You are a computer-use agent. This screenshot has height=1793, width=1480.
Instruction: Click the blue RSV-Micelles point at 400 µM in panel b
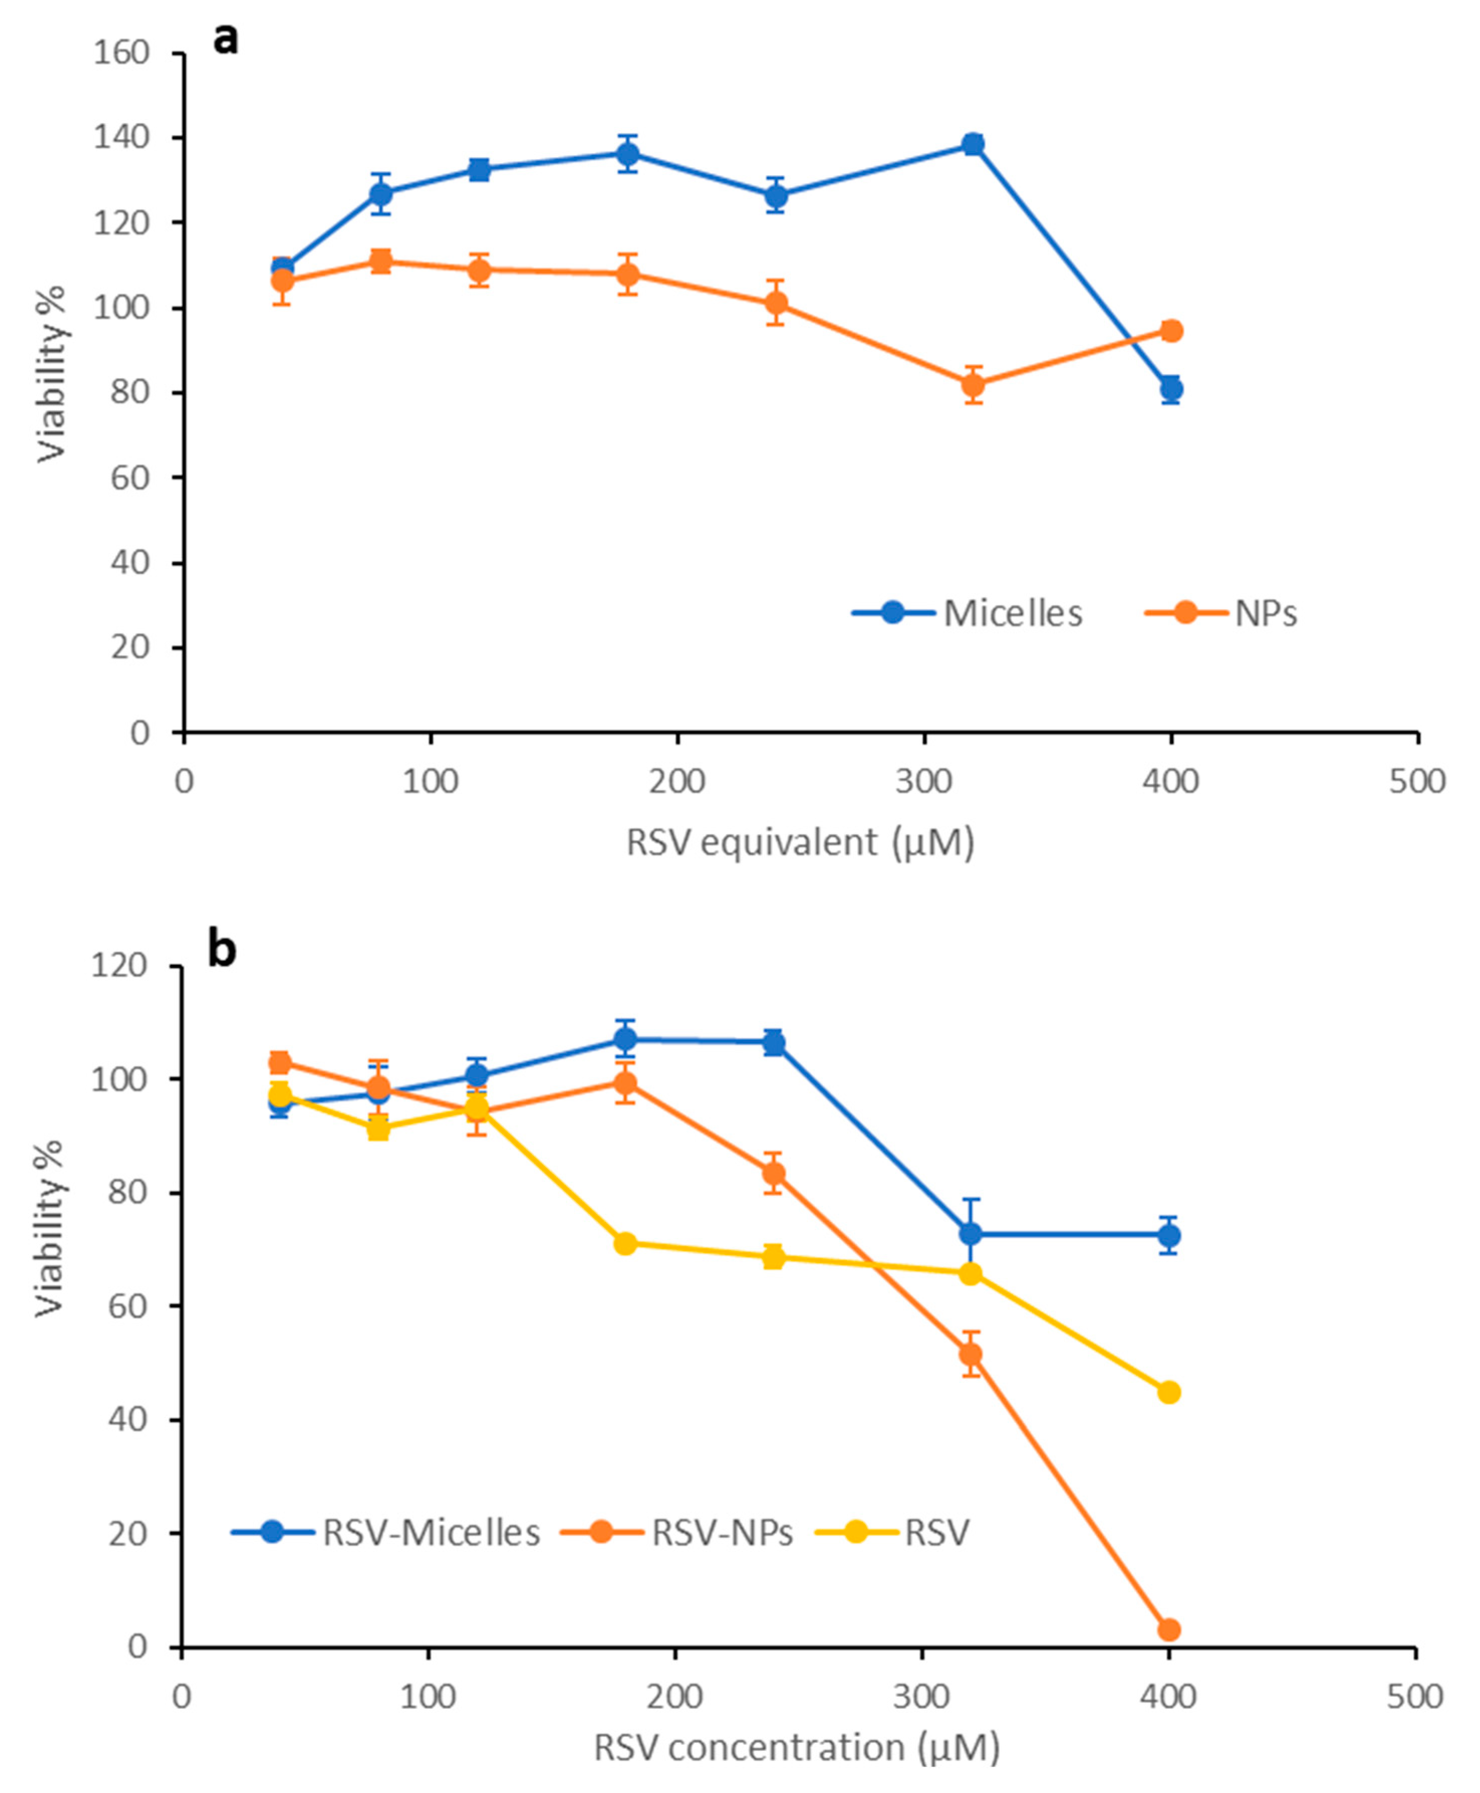tap(1169, 1235)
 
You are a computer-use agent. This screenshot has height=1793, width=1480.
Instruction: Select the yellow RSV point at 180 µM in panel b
tap(626, 1243)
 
